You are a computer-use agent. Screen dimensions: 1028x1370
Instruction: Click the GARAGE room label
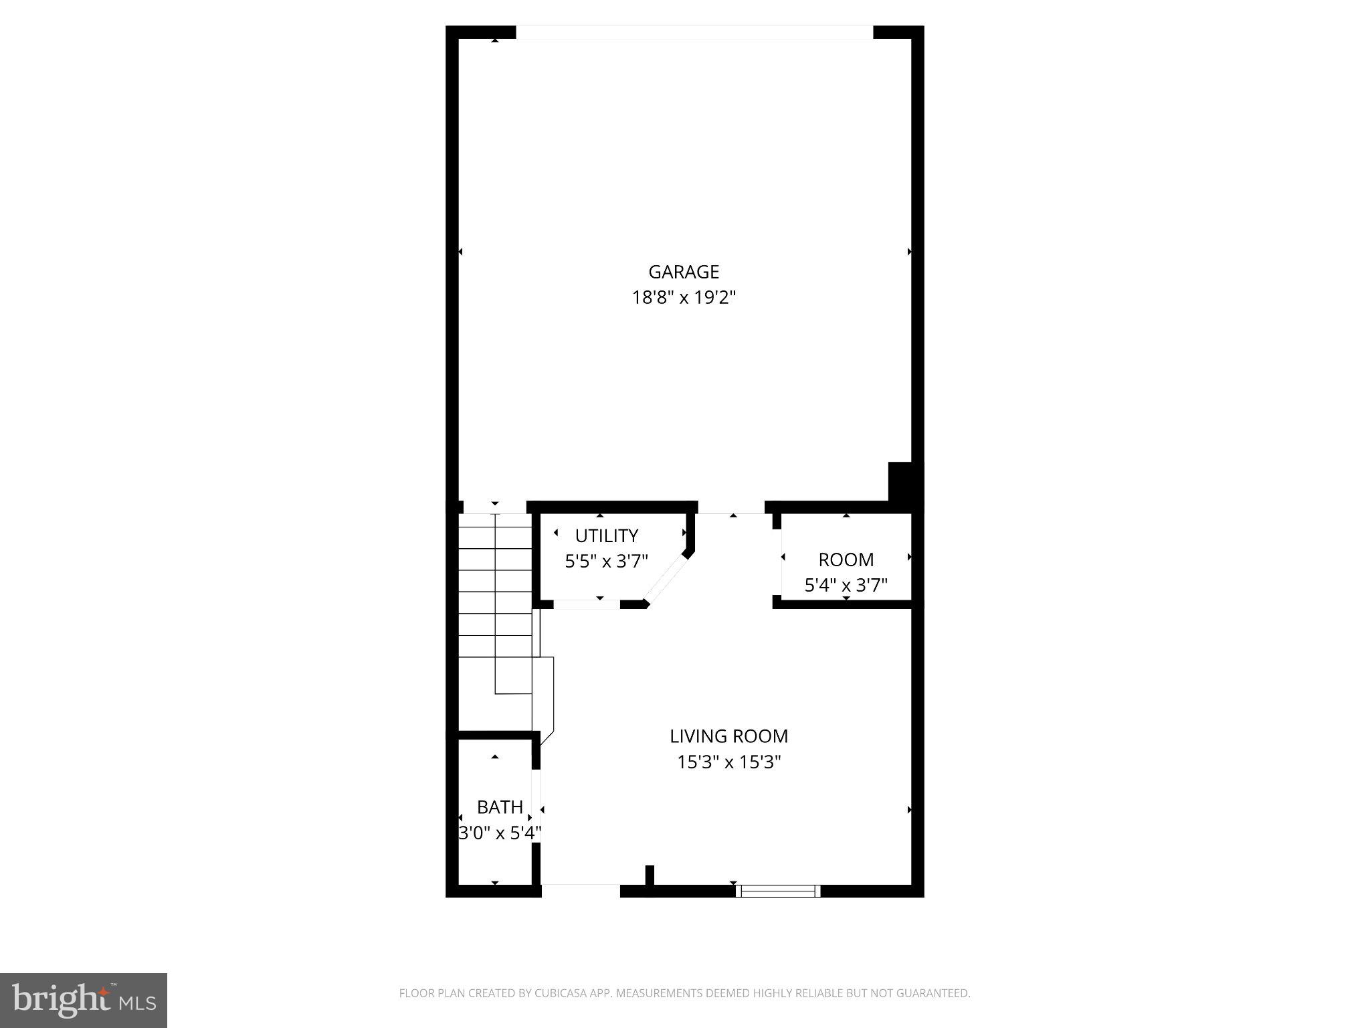click(684, 272)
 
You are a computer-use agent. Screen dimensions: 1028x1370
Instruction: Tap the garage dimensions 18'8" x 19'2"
click(684, 297)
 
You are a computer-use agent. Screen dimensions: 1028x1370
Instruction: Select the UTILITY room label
click(606, 535)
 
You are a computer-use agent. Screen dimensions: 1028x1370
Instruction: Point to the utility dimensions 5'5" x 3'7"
click(606, 561)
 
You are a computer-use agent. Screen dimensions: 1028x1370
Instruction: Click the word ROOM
click(846, 560)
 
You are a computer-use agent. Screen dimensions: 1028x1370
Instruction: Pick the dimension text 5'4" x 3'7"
click(846, 586)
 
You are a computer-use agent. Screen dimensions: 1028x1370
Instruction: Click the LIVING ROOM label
click(728, 736)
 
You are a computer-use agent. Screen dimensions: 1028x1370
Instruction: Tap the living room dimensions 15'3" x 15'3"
click(728, 762)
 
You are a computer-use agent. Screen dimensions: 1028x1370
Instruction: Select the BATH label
click(500, 807)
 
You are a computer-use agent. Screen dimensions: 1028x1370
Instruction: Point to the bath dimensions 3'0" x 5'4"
click(500, 833)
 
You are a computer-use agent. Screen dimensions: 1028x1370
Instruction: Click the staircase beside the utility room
click(495, 602)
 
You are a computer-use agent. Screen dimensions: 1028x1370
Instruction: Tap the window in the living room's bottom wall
click(778, 891)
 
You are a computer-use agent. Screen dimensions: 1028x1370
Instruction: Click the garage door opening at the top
click(694, 32)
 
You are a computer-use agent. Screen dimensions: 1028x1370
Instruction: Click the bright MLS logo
click(84, 1001)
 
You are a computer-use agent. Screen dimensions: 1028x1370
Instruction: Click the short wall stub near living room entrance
click(649, 875)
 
